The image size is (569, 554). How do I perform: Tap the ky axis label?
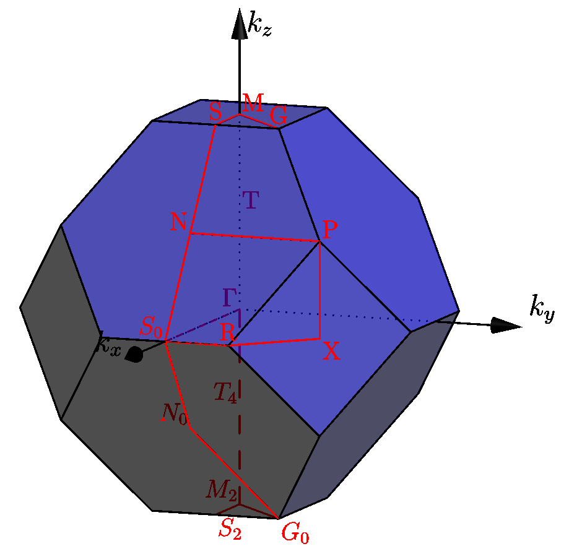[x=542, y=308]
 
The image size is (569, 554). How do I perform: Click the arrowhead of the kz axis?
[x=240, y=24]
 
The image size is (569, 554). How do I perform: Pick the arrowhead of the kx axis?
[x=134, y=355]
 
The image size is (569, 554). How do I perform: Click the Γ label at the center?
[x=230, y=298]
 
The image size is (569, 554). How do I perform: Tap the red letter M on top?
[x=253, y=103]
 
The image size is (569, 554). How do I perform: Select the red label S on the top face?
[x=215, y=111]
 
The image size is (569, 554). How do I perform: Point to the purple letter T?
[x=251, y=199]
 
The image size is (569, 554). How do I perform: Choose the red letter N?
[x=178, y=222]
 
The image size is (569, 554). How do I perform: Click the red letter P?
[x=330, y=229]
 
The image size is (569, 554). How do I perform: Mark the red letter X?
[x=331, y=351]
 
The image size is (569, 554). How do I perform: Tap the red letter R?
[x=227, y=332]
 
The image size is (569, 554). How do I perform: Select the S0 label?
[x=151, y=327]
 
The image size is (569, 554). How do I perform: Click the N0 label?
[x=174, y=413]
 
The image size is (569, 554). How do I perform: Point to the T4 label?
[x=225, y=392]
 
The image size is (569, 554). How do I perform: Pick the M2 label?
[x=222, y=489]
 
